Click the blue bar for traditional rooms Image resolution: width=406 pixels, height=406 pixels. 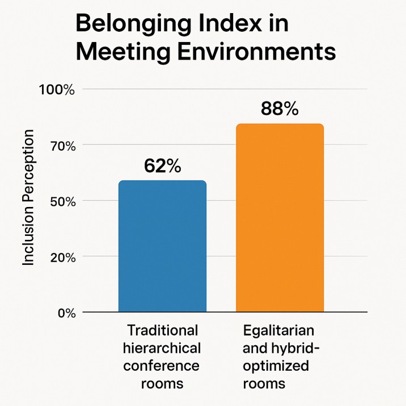[162, 246]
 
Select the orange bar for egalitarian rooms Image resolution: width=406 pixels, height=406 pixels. [280, 218]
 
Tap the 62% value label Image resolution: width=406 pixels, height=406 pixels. [162, 166]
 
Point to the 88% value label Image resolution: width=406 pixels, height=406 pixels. [280, 109]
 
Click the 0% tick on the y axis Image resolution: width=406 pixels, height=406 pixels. [62, 312]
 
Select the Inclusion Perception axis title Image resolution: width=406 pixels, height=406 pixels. [28, 197]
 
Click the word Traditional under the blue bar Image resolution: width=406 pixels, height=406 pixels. [163, 330]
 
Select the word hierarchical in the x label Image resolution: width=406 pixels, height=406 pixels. [163, 348]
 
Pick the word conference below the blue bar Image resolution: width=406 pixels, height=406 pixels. [163, 365]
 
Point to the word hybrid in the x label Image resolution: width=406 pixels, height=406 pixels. [296, 348]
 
